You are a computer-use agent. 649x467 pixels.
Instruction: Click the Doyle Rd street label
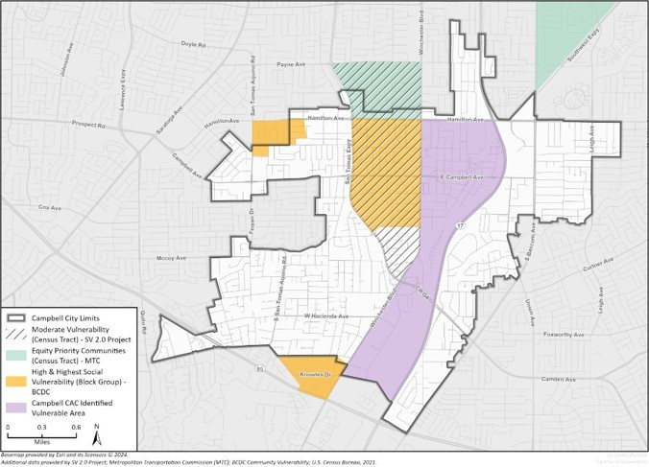(193, 44)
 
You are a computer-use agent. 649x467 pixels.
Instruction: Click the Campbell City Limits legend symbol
(15, 316)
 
